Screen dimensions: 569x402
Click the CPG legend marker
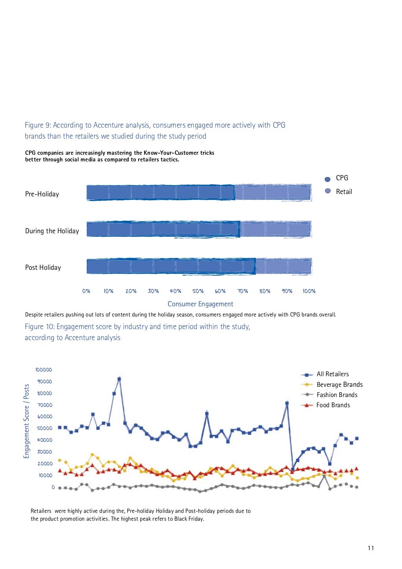pyautogui.click(x=327, y=179)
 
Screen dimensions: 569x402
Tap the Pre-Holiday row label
pyautogui.click(x=42, y=194)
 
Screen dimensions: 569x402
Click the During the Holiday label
pyautogui.click(x=52, y=231)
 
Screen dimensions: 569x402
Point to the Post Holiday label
pyautogui.click(x=43, y=267)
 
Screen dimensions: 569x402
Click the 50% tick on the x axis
pyautogui.click(x=198, y=291)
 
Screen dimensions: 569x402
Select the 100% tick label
pyautogui.click(x=309, y=291)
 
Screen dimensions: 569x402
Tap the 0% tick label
pyautogui.click(x=86, y=291)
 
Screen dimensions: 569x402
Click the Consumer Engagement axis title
pyautogui.click(x=200, y=304)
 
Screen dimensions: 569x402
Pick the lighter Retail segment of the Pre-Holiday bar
pyautogui.click(x=273, y=193)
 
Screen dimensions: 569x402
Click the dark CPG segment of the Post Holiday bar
pyautogui.click(x=171, y=266)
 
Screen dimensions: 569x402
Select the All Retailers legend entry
pyautogui.click(x=333, y=374)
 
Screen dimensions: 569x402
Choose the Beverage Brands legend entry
pyautogui.click(x=339, y=384)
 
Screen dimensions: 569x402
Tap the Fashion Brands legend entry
pyautogui.click(x=337, y=395)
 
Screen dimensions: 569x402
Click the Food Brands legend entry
pyautogui.click(x=333, y=405)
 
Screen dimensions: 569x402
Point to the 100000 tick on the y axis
pyautogui.click(x=44, y=370)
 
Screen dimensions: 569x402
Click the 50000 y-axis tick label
pyautogui.click(x=44, y=428)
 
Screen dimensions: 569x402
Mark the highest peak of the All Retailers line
pyautogui.click(x=119, y=379)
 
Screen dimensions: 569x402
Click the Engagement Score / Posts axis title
pyautogui.click(x=27, y=421)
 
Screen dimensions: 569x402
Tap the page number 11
pyautogui.click(x=371, y=548)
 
